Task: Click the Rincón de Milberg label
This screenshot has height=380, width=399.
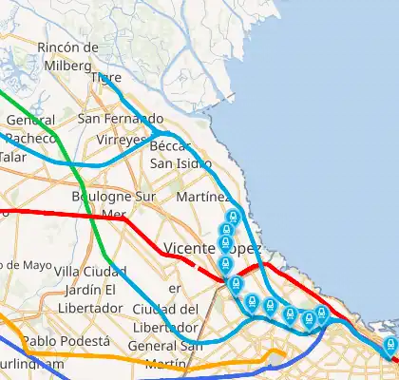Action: click(67, 55)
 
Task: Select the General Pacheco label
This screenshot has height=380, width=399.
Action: click(30, 129)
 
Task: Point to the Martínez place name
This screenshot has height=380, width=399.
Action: click(202, 197)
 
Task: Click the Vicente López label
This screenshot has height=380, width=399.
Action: click(212, 248)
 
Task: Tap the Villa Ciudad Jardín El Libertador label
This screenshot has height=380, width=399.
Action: click(85, 290)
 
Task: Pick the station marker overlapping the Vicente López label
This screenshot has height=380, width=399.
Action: click(226, 246)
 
